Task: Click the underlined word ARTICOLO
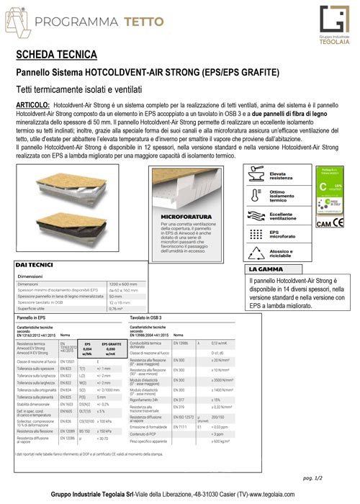(x=32, y=105)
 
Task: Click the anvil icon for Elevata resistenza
(x=255, y=172)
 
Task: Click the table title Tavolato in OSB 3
(x=151, y=317)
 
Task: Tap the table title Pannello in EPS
(x=37, y=317)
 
